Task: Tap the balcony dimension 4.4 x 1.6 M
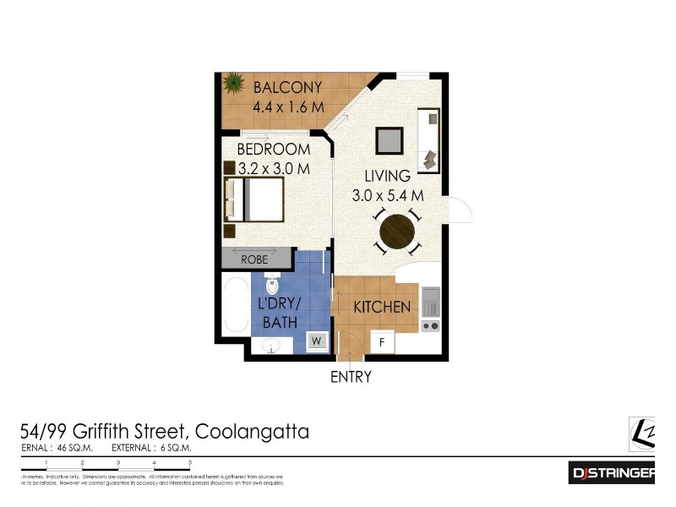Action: [289, 107]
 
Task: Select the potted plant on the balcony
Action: [232, 84]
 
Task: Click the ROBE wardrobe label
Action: [254, 259]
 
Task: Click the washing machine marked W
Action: [318, 341]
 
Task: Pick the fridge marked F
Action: [383, 343]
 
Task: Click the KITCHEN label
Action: [382, 307]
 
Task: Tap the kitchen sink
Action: [430, 298]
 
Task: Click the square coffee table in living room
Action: [389, 139]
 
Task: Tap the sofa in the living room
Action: [429, 141]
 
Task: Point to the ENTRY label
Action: [351, 377]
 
